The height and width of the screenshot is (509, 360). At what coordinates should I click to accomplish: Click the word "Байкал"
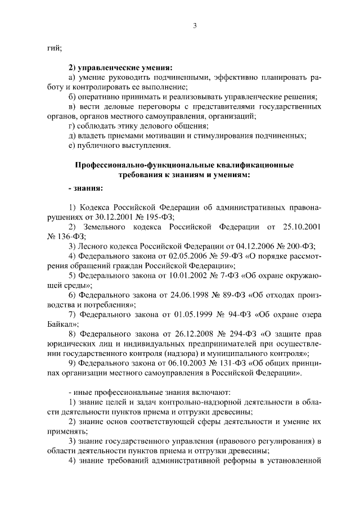[x=60, y=324]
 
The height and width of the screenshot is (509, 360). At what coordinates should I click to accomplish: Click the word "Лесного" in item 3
[x=92, y=246]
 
